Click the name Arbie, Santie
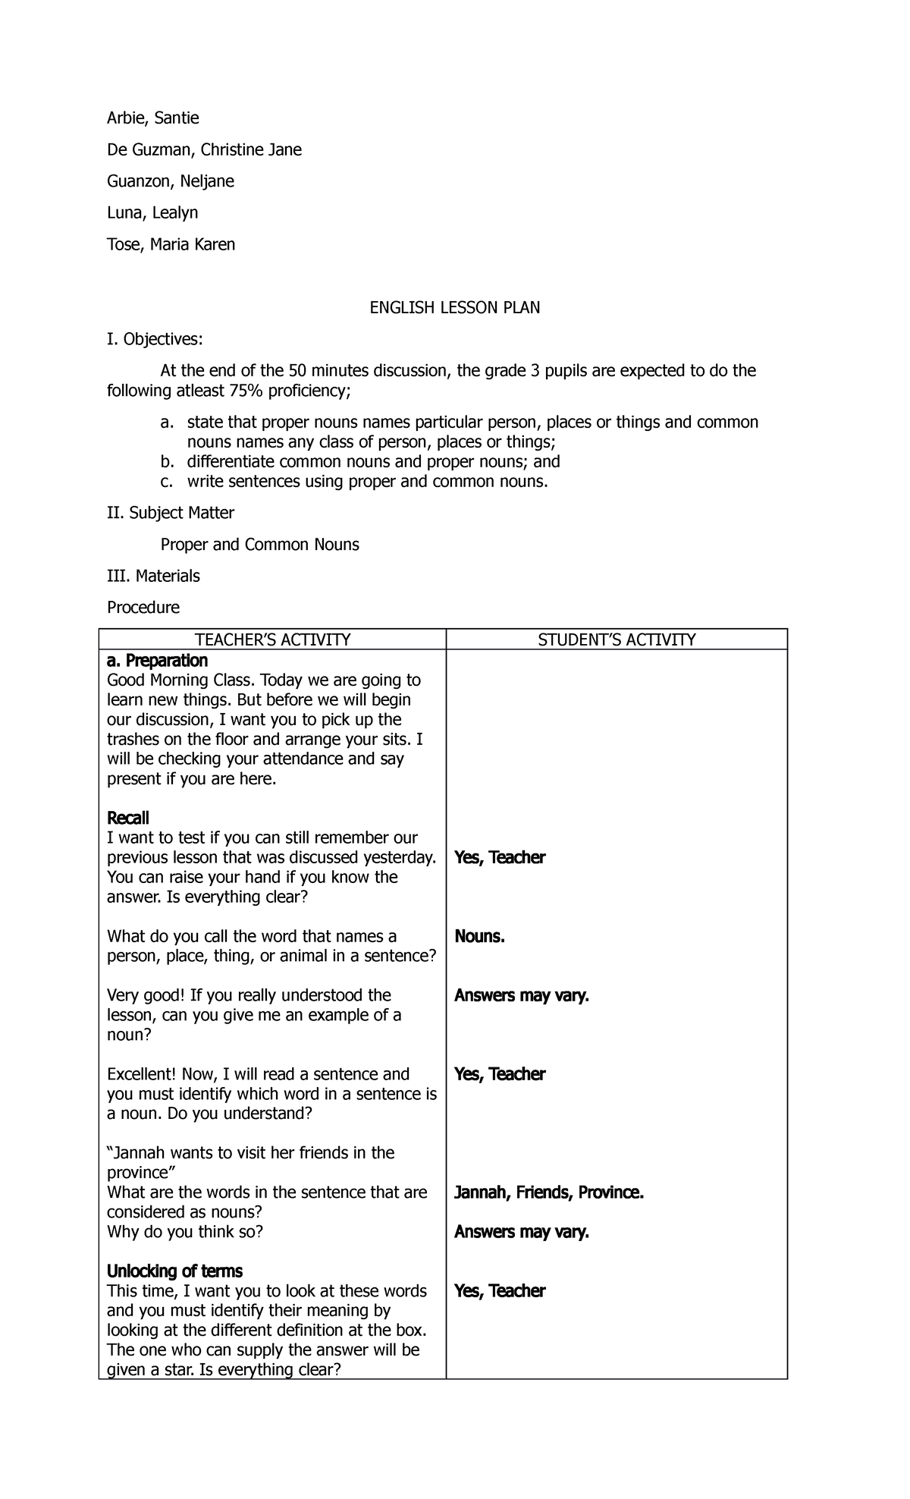152,118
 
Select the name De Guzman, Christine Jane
204,150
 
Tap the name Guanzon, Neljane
170,181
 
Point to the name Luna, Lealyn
152,213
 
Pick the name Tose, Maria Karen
171,245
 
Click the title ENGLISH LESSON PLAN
454,308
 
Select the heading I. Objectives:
155,339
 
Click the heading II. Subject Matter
170,514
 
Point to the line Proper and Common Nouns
259,545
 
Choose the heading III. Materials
153,577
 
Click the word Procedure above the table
143,608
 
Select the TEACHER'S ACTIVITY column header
272,640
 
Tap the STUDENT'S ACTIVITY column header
617,640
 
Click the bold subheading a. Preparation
157,661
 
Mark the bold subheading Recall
127,819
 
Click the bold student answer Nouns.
479,937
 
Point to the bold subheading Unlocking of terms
174,1271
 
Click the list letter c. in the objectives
167,482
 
